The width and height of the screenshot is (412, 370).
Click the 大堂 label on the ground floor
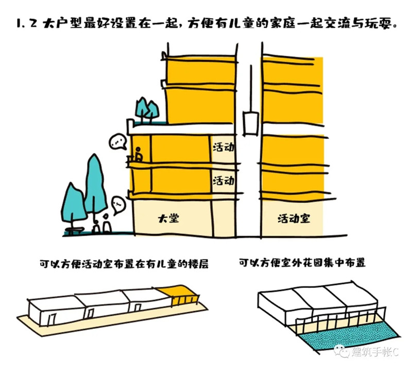click(168, 218)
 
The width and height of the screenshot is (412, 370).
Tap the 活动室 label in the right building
click(294, 219)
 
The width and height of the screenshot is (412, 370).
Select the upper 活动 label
click(224, 147)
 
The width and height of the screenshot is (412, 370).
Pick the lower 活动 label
click(224, 181)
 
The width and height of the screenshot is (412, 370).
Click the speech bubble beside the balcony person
click(118, 142)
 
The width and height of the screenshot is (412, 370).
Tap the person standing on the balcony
click(138, 154)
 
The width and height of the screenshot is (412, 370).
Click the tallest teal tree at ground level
click(95, 184)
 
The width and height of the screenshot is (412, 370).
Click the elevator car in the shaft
click(251, 123)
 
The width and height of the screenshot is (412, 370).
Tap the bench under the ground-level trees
click(75, 231)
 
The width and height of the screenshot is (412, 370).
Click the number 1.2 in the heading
click(26, 23)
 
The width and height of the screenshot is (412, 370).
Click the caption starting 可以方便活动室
click(124, 264)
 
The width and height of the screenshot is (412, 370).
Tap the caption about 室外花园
click(302, 263)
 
